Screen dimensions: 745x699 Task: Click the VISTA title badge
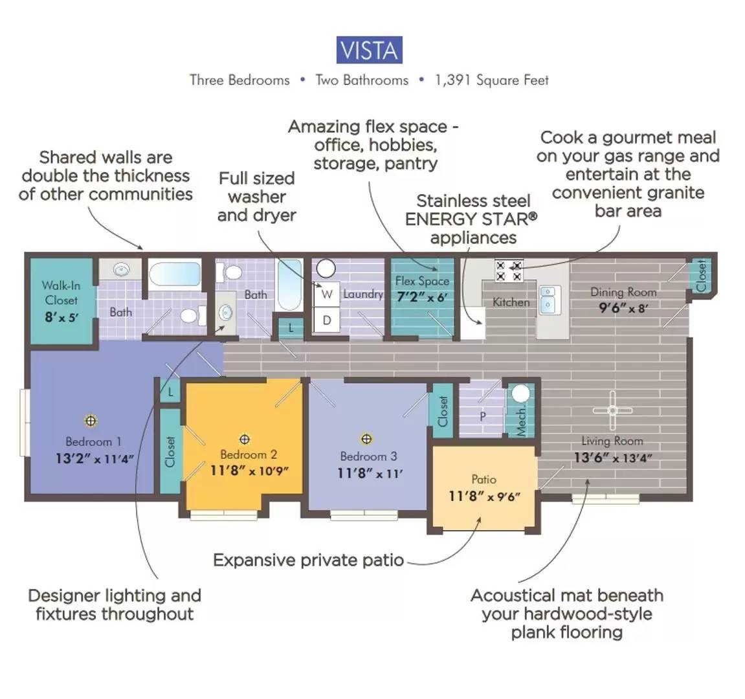369,50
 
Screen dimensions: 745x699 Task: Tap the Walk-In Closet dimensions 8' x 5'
61,317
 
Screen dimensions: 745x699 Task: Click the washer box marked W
326,294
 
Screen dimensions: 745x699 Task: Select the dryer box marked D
326,320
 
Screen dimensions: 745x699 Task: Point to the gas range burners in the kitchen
508,271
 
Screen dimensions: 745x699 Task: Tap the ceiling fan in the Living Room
612,410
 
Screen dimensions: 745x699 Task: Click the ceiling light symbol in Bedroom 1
91,421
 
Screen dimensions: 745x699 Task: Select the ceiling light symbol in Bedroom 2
244,439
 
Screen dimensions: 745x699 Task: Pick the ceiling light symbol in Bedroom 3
366,439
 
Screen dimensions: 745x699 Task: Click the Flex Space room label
422,281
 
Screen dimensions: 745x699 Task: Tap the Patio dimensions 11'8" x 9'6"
484,496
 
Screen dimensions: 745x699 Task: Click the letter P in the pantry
483,416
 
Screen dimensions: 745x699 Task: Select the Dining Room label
623,293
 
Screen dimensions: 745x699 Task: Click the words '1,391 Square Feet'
492,80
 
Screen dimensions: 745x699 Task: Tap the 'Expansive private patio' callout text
308,560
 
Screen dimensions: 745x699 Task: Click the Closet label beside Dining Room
701,276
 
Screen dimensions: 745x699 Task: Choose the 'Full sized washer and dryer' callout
256,197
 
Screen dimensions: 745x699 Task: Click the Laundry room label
363,294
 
